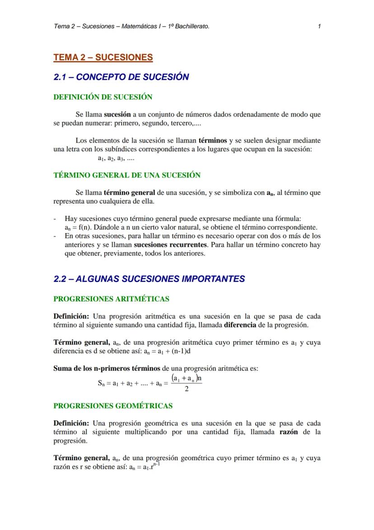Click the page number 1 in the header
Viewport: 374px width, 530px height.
tap(319, 26)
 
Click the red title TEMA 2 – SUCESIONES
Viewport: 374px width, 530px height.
tap(103, 57)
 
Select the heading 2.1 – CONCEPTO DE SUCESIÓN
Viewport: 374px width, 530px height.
tap(121, 77)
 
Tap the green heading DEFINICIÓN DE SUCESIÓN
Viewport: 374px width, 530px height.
tap(103, 97)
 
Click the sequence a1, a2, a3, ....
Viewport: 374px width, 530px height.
tap(116, 158)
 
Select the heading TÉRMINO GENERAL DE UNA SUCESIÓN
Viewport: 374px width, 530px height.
tap(127, 175)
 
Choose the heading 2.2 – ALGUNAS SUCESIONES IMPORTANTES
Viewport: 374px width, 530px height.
tap(149, 279)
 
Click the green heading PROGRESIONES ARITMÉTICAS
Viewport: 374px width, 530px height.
tap(111, 299)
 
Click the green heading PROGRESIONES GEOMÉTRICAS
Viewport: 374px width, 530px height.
tap(113, 406)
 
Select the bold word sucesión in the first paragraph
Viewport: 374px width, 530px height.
tap(117, 114)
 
